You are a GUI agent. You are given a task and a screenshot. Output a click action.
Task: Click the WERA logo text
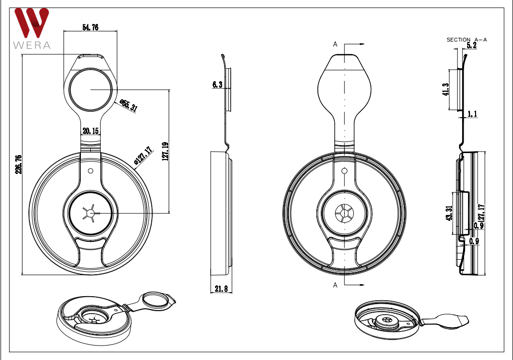(32, 45)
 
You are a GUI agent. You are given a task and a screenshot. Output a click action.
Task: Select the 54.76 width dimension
(90, 28)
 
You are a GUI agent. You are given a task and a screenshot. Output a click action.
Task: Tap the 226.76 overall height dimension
(18, 165)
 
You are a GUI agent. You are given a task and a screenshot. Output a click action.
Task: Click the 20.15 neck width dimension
(90, 131)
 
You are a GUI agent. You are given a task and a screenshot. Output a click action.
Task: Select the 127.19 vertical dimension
(165, 151)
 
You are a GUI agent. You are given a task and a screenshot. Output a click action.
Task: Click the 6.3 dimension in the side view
(217, 85)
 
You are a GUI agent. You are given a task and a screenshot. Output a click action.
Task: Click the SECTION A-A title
(467, 39)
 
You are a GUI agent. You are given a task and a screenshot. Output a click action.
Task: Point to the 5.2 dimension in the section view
(471, 45)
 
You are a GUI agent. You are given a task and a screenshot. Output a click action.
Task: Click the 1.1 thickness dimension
(472, 114)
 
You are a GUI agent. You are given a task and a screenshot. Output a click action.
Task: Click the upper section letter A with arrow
(336, 44)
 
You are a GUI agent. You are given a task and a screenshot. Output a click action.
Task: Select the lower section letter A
(336, 285)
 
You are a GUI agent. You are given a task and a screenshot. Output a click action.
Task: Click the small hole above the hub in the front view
(90, 171)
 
